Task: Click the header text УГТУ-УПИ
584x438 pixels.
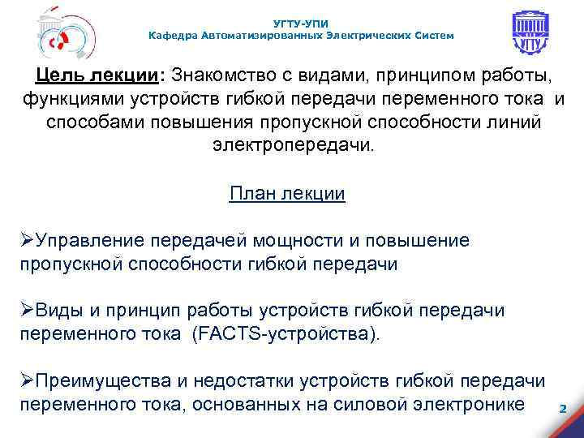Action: point(302,24)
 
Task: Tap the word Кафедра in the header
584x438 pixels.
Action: point(174,36)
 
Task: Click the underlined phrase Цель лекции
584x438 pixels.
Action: point(97,76)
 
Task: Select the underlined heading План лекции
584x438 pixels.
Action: point(288,194)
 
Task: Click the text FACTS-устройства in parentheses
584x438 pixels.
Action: point(287,334)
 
